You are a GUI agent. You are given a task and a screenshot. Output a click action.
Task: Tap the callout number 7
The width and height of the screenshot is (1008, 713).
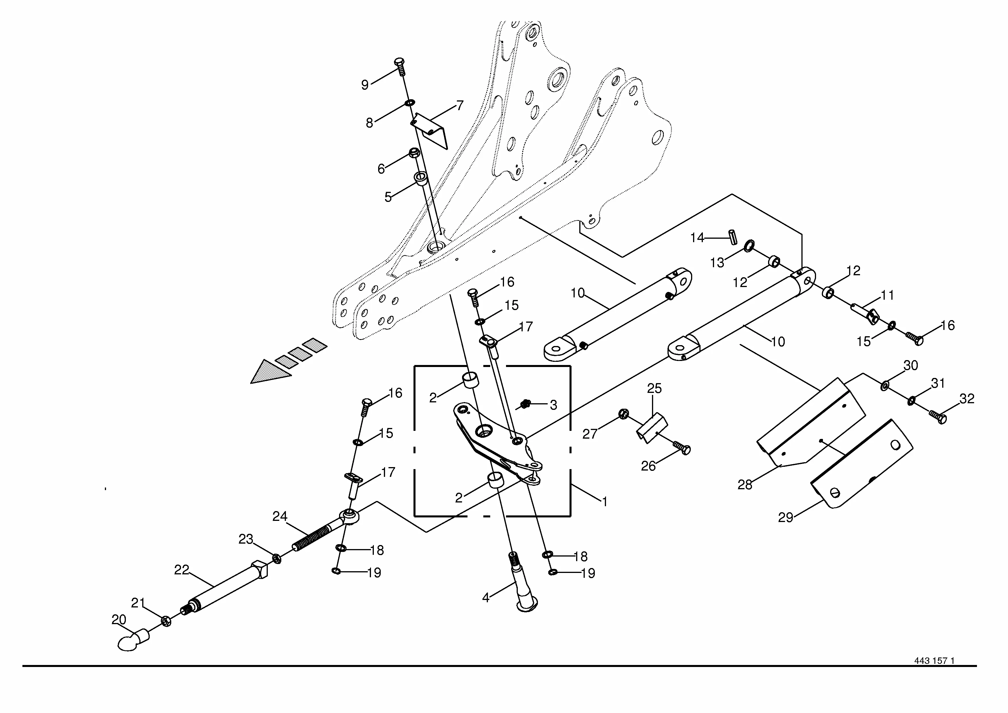click(x=460, y=106)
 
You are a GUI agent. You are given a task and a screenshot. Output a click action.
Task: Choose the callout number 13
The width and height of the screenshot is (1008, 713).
click(x=717, y=263)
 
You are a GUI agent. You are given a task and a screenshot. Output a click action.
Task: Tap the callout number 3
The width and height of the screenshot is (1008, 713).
click(x=554, y=405)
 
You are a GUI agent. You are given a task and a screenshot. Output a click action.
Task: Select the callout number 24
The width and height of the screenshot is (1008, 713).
click(x=280, y=516)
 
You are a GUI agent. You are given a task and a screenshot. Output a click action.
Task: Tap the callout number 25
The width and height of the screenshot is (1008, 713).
click(x=654, y=388)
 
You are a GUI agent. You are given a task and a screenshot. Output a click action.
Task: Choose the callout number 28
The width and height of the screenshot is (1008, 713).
click(x=745, y=485)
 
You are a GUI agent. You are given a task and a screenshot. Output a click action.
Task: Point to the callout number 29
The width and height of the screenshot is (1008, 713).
click(x=785, y=517)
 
